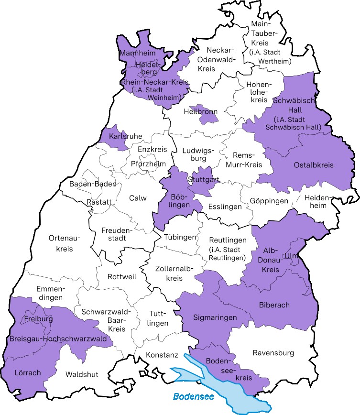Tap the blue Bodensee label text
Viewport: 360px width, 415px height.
coord(193,396)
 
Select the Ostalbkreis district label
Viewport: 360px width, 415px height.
coord(314,165)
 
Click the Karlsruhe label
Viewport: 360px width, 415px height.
coord(126,136)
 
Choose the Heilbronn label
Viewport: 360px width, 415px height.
coord(201,112)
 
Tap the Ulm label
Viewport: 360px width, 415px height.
coord(290,256)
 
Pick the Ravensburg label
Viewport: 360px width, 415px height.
coord(273,353)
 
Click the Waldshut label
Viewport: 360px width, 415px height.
coord(82,374)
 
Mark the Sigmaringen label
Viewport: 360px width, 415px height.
coord(215,317)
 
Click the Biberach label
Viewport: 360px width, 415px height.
coord(274,305)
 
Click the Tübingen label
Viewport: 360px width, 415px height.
coord(180,237)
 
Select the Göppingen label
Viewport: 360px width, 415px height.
coord(269,201)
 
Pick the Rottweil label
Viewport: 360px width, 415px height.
coord(122,277)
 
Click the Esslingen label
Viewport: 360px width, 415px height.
coord(225,207)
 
